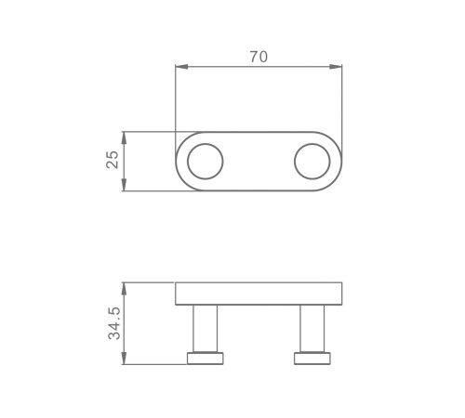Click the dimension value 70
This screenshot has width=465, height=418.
pos(259,57)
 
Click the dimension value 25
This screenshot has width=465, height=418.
pos(113,160)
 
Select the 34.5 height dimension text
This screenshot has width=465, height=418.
pos(114,323)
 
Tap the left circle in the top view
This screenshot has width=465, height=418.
pos(206,144)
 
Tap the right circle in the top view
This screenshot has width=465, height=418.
pos(312,144)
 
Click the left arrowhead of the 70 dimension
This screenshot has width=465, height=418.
pos(181,67)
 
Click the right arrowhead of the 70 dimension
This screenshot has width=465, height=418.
pos(336,67)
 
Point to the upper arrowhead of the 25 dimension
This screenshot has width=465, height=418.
pos(124,137)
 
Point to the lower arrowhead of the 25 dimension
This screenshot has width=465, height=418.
pos(124,185)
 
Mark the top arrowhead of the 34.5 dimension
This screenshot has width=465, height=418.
pos(124,289)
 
